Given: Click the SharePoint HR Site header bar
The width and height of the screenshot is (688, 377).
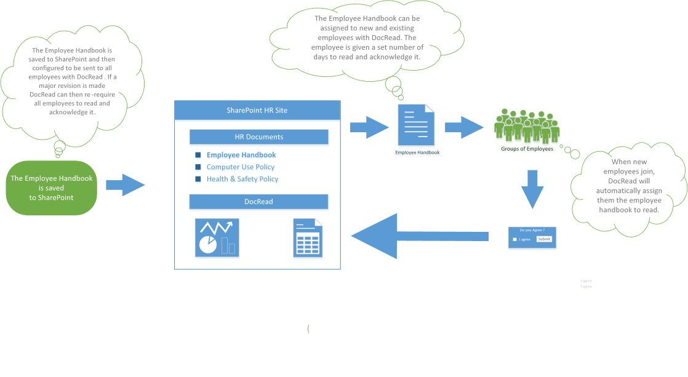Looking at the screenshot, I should click(257, 111).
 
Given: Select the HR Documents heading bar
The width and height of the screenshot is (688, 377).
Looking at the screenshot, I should click(258, 137).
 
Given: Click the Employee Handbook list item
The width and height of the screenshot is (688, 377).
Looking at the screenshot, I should click(241, 155).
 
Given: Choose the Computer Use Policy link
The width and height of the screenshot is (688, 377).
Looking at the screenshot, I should click(241, 167).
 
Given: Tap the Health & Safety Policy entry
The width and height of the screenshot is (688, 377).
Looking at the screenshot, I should click(242, 179).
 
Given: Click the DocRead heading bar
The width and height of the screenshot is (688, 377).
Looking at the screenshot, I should click(258, 202).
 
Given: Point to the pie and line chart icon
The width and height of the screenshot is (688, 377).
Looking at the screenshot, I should click(217, 237).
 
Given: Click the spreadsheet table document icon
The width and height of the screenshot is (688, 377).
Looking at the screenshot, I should click(308, 238).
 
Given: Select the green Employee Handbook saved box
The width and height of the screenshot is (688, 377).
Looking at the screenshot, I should click(52, 188).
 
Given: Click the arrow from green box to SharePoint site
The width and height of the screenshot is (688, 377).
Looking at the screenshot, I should click(125, 185).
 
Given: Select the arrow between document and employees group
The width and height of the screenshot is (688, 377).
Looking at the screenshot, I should click(464, 127).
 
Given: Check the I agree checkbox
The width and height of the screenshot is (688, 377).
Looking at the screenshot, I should click(515, 239).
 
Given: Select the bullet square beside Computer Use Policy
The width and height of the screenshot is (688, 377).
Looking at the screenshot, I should click(198, 167).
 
